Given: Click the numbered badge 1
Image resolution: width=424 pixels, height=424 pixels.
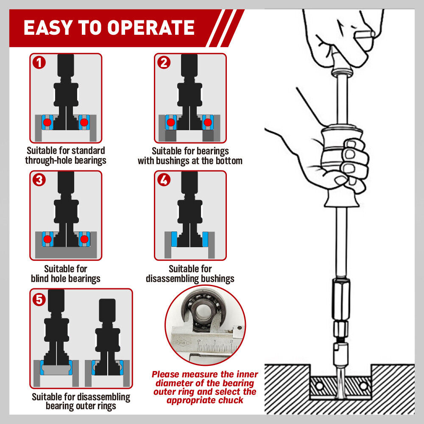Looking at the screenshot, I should pyautogui.click(x=39, y=63).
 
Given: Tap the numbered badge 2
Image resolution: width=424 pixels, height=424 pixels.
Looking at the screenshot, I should pyautogui.click(x=164, y=63).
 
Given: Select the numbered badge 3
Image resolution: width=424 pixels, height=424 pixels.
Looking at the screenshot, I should pyautogui.click(x=39, y=180).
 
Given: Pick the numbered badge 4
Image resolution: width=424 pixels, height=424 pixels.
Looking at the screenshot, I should pyautogui.click(x=164, y=180).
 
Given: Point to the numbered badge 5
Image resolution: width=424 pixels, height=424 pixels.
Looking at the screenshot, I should pyautogui.click(x=39, y=299).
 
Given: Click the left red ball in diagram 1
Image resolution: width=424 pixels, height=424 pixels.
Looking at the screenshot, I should pyautogui.click(x=47, y=123).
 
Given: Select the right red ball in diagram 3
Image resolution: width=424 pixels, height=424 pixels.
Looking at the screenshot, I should pyautogui.click(x=84, y=239).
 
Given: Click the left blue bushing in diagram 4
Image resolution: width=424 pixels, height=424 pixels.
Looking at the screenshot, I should pyautogui.click(x=173, y=239).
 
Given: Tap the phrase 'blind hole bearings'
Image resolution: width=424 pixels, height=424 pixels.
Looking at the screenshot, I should pyautogui.click(x=66, y=279).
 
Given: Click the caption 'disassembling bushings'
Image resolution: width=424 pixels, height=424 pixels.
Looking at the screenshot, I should pyautogui.click(x=190, y=279).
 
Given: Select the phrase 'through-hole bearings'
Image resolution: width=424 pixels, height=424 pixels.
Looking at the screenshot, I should pyautogui.click(x=66, y=161).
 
